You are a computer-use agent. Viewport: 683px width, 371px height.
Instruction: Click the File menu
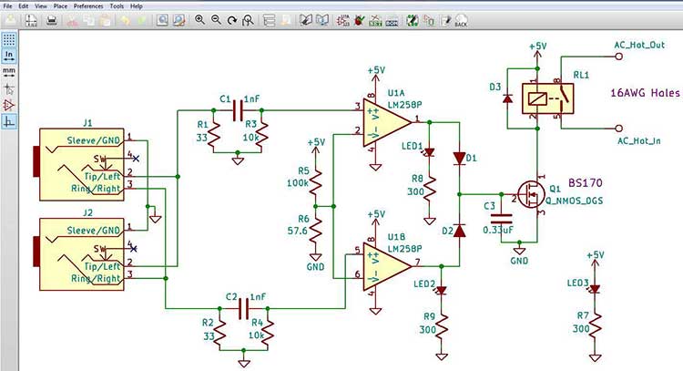[x=8, y=5]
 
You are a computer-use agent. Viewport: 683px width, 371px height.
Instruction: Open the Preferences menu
[x=88, y=5]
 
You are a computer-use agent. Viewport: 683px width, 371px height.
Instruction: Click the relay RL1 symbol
[x=547, y=97]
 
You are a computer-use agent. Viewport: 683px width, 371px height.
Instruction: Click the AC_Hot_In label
[x=640, y=140]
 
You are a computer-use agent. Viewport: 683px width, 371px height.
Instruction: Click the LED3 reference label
[x=576, y=283]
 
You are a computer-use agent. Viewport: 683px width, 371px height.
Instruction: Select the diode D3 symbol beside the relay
[x=506, y=98]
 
